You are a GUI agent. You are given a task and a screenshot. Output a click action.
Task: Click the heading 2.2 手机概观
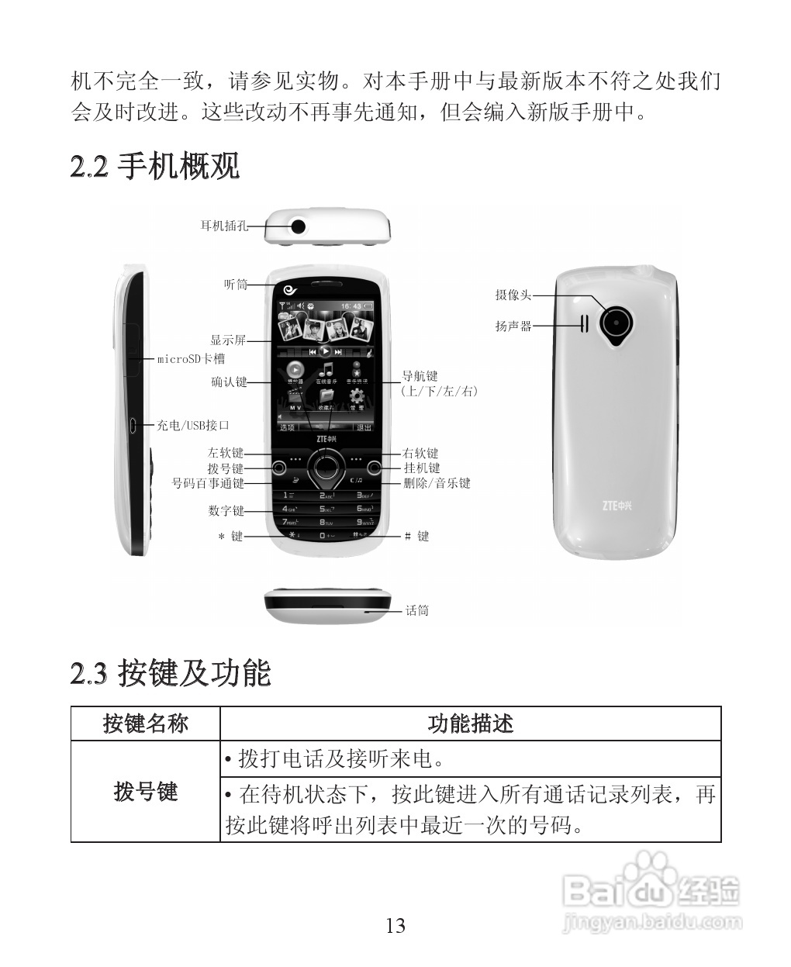[155, 166]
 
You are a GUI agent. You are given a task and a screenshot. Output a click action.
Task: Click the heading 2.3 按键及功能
[171, 672]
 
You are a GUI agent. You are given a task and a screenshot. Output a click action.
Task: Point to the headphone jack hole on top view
[298, 226]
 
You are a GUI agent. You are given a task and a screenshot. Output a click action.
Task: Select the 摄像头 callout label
[513, 295]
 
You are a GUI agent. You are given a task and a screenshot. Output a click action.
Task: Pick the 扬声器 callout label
[513, 326]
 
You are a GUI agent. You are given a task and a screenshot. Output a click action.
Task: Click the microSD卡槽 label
[191, 359]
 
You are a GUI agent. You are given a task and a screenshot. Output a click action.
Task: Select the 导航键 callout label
[420, 377]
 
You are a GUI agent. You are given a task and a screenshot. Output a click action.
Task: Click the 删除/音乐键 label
[437, 483]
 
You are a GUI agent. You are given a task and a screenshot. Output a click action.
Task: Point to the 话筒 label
[417, 610]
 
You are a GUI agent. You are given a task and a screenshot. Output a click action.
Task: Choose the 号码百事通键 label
[208, 483]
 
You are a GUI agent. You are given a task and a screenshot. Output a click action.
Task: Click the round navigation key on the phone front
[325, 468]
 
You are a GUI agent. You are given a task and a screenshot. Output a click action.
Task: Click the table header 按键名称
[146, 724]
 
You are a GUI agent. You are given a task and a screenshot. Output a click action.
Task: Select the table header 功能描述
[471, 724]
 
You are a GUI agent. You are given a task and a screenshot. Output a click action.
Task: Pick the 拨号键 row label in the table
[146, 792]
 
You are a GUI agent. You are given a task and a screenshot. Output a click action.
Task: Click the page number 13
[395, 925]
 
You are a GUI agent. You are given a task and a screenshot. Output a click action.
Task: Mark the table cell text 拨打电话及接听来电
[341, 758]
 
